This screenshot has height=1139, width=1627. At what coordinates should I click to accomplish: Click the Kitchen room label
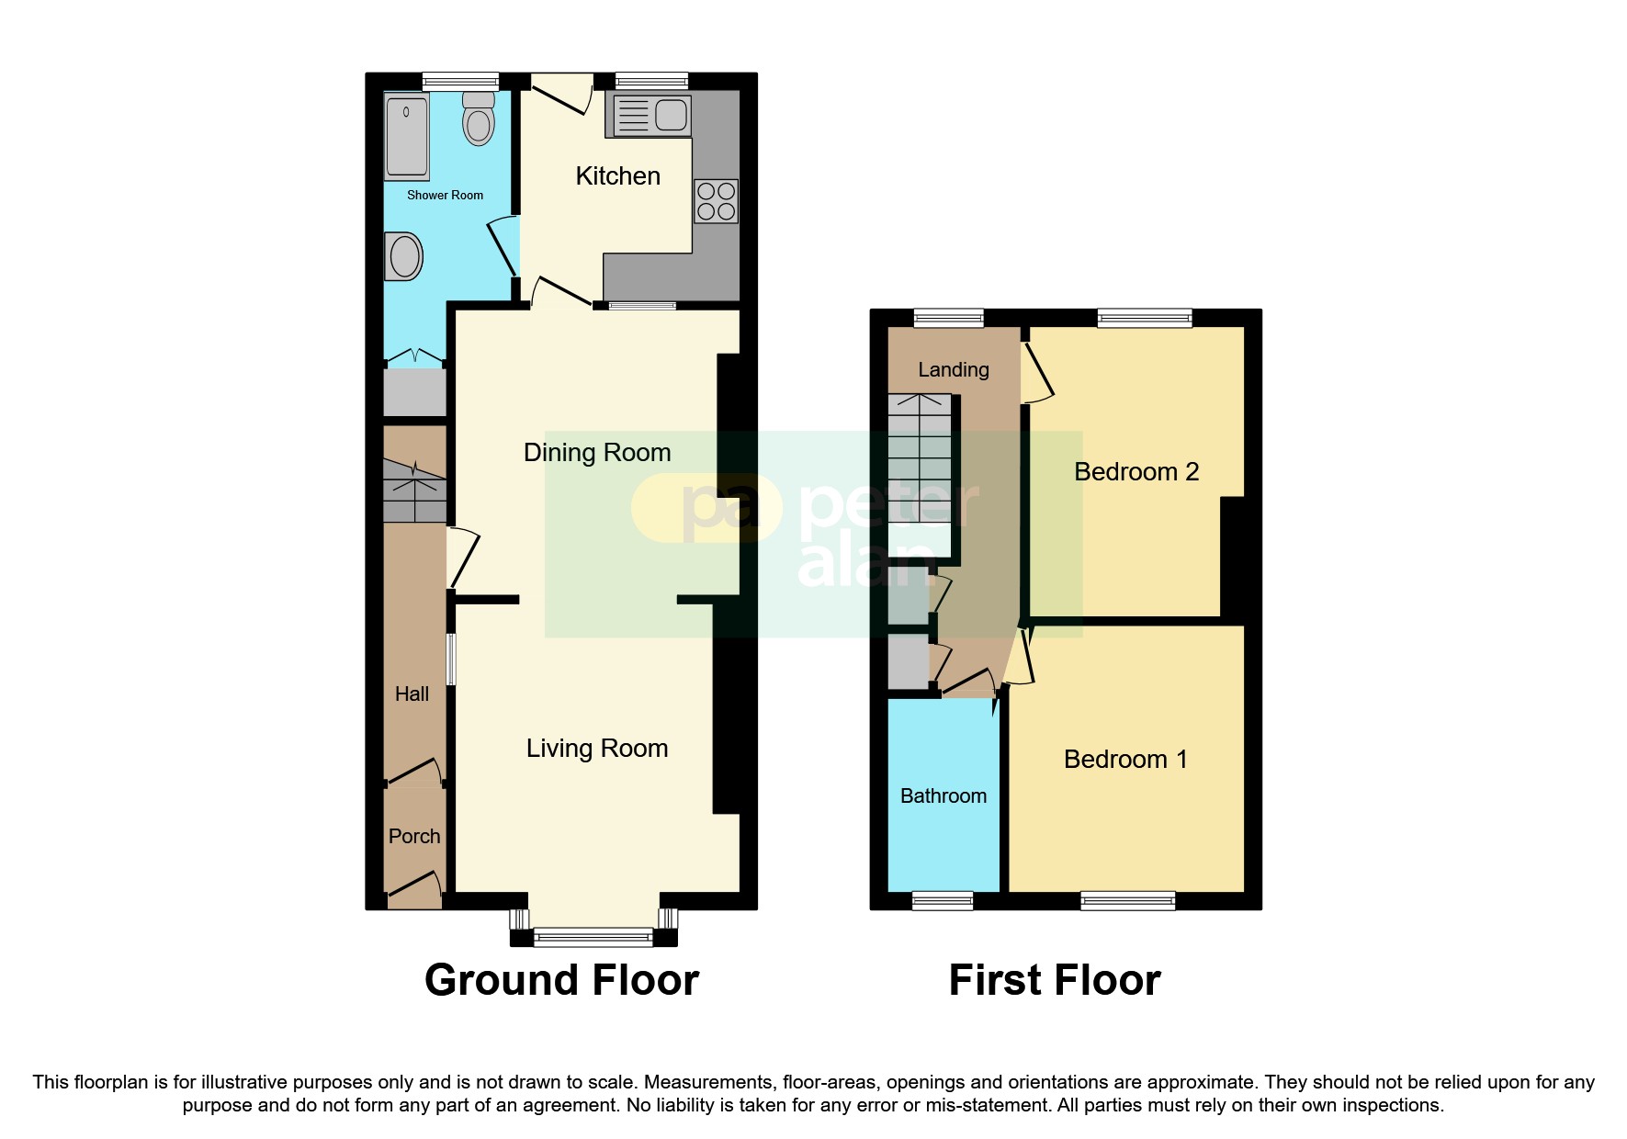click(x=617, y=176)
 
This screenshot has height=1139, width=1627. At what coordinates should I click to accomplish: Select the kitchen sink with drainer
click(x=649, y=116)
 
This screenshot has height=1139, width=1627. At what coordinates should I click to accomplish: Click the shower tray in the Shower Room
click(x=407, y=137)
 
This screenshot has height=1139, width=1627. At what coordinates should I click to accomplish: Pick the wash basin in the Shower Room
click(x=404, y=256)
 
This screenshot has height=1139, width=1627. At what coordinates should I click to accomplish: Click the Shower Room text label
click(x=445, y=196)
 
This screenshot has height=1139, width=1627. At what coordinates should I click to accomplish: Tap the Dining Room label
click(x=597, y=453)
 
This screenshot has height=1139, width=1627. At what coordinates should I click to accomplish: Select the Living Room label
click(x=597, y=749)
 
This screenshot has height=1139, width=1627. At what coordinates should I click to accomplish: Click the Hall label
click(x=412, y=694)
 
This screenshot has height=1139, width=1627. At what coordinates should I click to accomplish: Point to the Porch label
click(x=414, y=837)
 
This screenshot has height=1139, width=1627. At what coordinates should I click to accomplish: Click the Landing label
click(x=954, y=370)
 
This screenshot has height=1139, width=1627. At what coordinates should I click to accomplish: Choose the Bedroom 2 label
click(x=1136, y=472)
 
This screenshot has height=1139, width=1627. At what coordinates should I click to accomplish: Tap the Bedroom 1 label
click(x=1125, y=760)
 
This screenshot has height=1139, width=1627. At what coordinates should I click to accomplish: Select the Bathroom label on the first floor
click(x=943, y=796)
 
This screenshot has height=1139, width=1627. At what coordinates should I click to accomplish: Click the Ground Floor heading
click(x=561, y=980)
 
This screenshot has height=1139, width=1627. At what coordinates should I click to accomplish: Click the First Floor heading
click(x=1055, y=980)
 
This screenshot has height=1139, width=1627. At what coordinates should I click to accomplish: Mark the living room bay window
click(x=593, y=937)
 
